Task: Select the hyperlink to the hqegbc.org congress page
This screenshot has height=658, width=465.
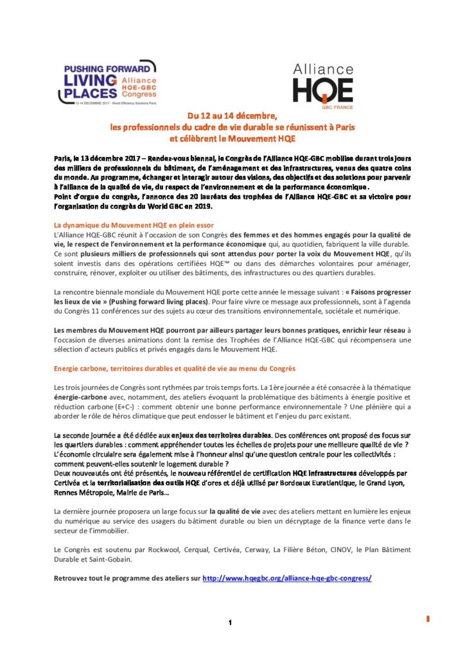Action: (287, 578)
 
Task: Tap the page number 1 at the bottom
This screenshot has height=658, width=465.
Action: (229, 622)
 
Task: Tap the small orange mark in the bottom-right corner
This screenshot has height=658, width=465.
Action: (428, 618)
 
